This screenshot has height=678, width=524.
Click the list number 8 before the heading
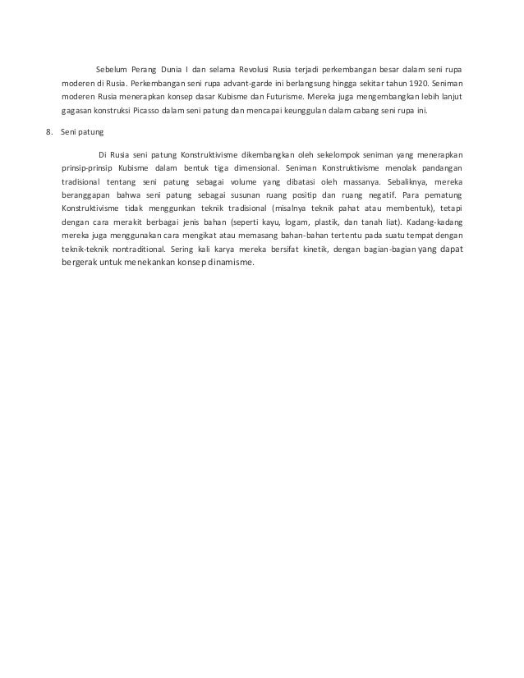(x=49, y=131)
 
